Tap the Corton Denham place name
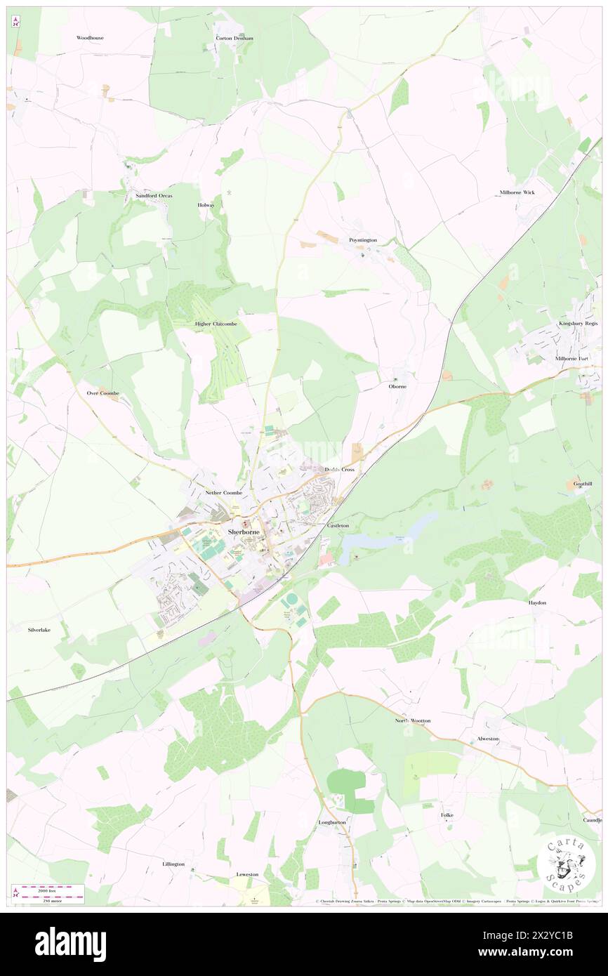234,38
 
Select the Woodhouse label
90,37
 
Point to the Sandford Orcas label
154,195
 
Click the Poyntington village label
363,240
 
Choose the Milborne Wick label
517,192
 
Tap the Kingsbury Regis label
578,324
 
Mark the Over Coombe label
103,393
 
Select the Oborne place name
398,386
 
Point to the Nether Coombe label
223,493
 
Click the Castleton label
338,525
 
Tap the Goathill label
583,484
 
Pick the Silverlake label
39,630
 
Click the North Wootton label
412,720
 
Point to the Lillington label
173,864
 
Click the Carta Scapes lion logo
566,862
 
